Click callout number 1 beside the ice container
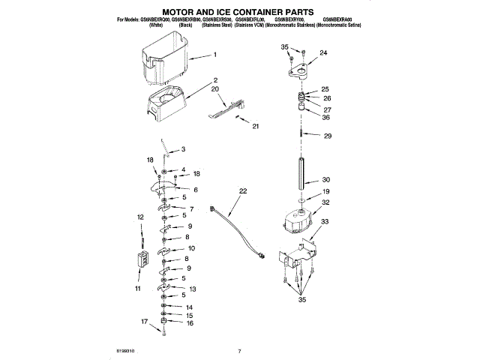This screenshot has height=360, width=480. pos(214,55)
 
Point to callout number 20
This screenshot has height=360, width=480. pos(214,88)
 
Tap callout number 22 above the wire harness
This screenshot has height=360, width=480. pos(242,192)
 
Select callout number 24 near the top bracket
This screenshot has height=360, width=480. pos(323,53)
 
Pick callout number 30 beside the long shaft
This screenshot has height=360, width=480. pos(325,180)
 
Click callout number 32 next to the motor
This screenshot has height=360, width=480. pos(325,202)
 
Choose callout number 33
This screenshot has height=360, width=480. pos(325,221)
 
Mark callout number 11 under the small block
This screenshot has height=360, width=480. pos(137,288)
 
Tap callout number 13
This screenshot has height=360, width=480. pos(193,289)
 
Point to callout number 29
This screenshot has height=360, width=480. pos(327,136)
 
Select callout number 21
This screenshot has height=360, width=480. pos(255,126)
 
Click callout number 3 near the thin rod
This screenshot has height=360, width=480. pos(182,149)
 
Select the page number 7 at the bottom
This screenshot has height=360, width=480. pos(239,351)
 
